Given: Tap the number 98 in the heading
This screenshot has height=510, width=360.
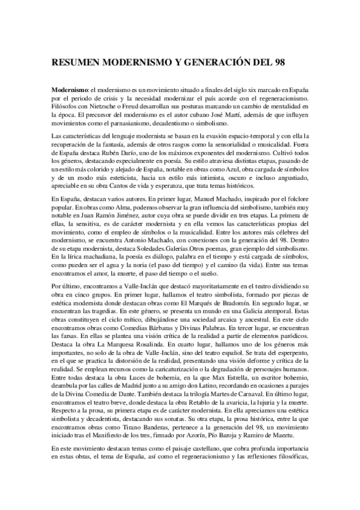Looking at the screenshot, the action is (x=284, y=61).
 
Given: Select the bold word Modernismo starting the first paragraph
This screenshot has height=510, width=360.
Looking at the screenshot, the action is (x=70, y=90).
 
